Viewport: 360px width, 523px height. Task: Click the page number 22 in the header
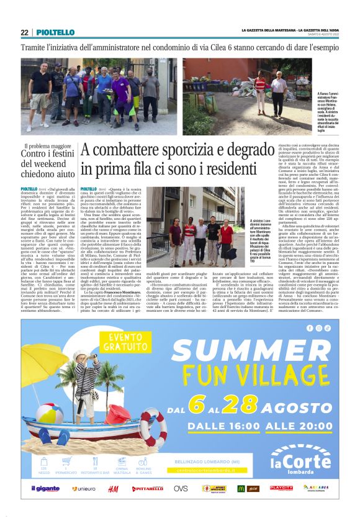point(24,32)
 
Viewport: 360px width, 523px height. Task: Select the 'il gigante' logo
point(45,489)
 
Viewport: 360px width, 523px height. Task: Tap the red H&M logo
point(114,489)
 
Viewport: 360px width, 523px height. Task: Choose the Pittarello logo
point(148,489)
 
